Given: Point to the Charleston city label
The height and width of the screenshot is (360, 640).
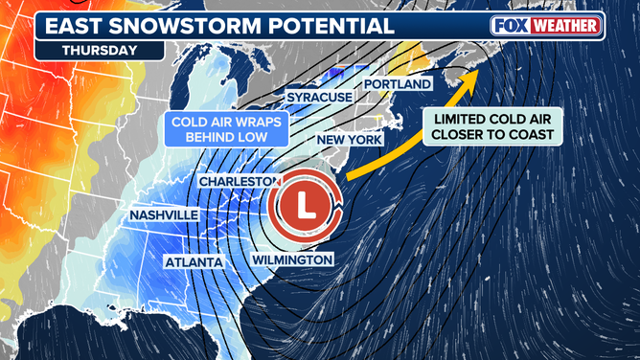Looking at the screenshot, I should click(239, 181).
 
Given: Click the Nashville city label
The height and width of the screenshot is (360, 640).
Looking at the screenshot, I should click(164, 215).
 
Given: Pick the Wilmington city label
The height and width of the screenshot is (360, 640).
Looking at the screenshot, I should click(293, 259).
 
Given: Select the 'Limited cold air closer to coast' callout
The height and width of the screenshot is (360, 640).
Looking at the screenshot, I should click(491, 126).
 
